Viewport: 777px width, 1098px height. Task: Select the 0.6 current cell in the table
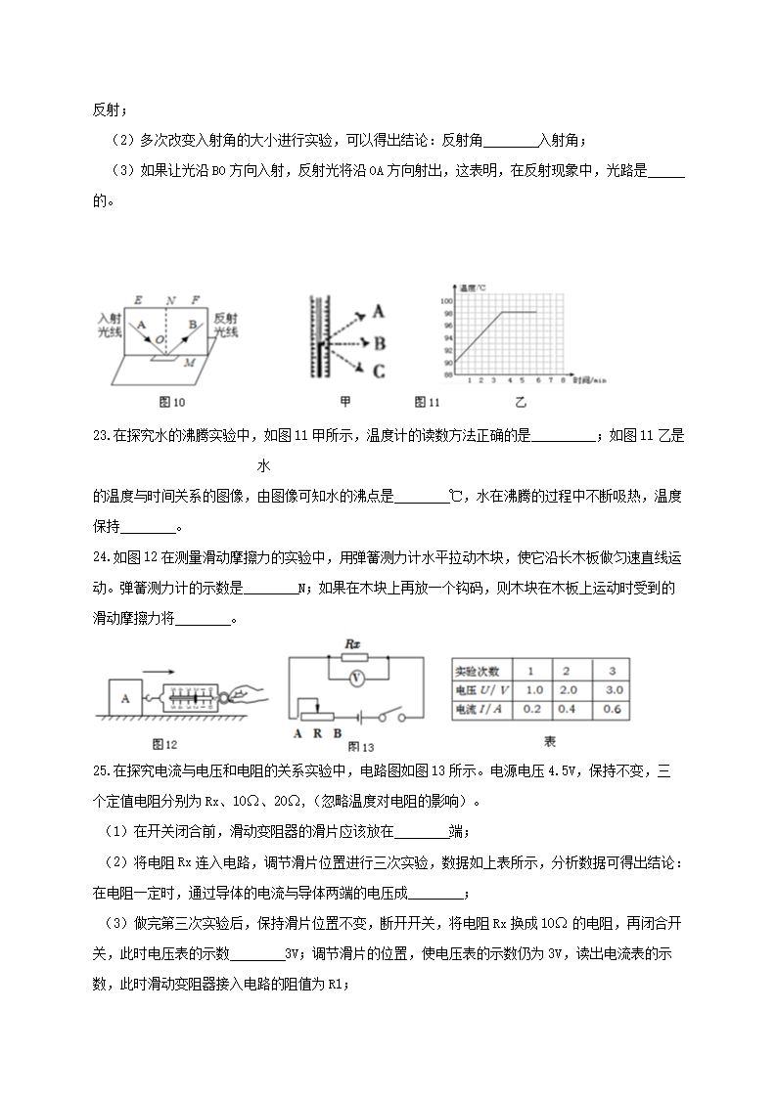pyautogui.click(x=611, y=709)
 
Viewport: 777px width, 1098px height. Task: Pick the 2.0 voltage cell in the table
pyautogui.click(x=566, y=690)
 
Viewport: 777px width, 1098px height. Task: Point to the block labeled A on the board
pyautogui.click(x=124, y=699)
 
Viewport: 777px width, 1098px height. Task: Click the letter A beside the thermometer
pyautogui.click(x=379, y=312)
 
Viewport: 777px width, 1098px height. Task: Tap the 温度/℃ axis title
pyautogui.click(x=475, y=289)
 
